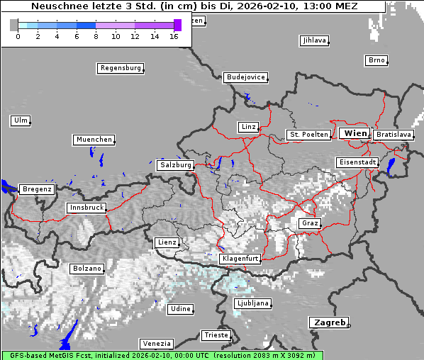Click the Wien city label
click(x=355, y=133)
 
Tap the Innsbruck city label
click(x=87, y=208)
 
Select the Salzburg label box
click(x=175, y=165)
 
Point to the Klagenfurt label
click(x=240, y=259)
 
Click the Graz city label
click(x=310, y=223)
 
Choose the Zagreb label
click(x=329, y=322)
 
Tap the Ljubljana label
click(x=252, y=303)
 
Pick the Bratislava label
click(x=393, y=135)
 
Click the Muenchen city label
click(x=94, y=140)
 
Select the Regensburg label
click(x=120, y=69)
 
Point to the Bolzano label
click(x=87, y=269)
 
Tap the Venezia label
click(x=156, y=344)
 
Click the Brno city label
click(x=376, y=60)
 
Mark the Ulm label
click(x=21, y=120)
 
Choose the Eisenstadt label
click(x=357, y=162)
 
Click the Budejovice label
click(x=245, y=77)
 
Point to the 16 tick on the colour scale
click(x=174, y=35)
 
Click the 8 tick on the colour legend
click(x=96, y=35)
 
